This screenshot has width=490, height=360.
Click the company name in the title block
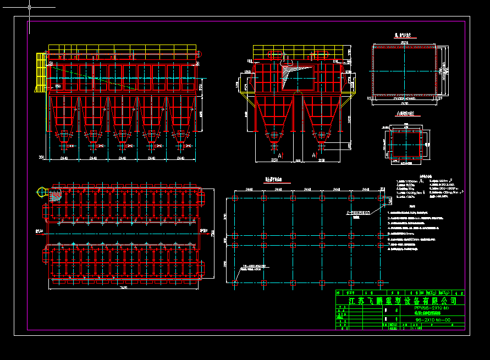pyautogui.click(x=403, y=301)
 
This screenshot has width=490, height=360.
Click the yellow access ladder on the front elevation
pyautogui.click(x=40, y=71)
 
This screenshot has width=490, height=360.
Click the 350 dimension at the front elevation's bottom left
pyautogui.click(x=41, y=158)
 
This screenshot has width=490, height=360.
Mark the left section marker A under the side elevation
pyautogui.click(x=280, y=156)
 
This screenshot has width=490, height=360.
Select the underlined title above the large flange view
pyautogui.click(x=404, y=35)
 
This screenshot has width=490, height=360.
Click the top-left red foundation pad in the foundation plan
pyautogui.click(x=235, y=198)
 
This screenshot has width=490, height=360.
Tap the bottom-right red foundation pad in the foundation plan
pyautogui.click(x=381, y=283)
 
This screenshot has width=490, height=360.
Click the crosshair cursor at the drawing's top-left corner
pyautogui.click(x=29, y=8)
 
